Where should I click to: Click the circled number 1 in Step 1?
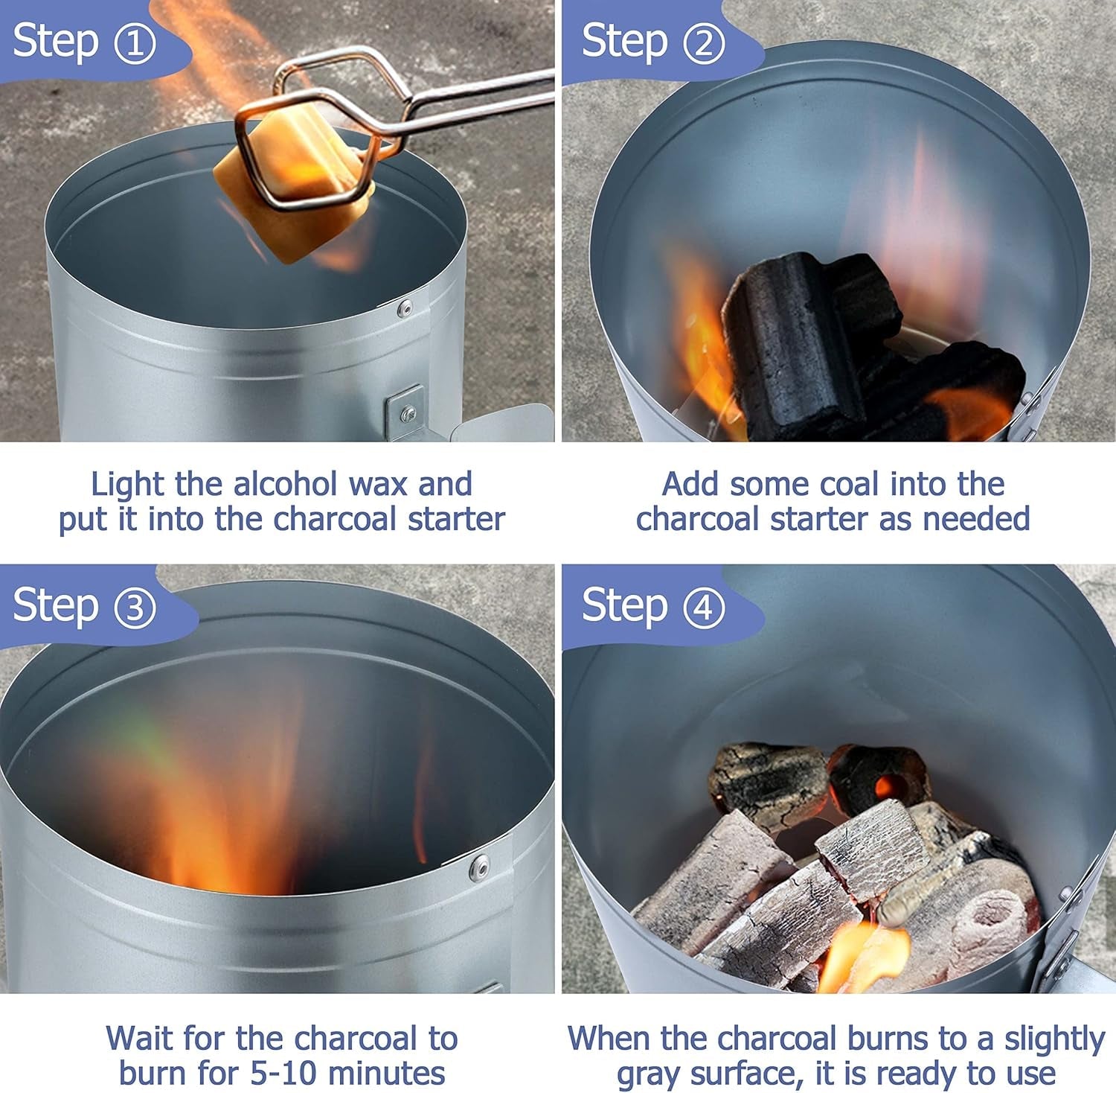pyautogui.click(x=135, y=42)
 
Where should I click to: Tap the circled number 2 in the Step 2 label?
pyautogui.click(x=703, y=42)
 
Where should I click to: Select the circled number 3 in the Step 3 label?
pyautogui.click(x=135, y=607)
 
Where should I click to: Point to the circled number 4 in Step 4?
pyautogui.click(x=703, y=607)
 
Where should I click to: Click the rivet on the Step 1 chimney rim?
pyautogui.click(x=405, y=307)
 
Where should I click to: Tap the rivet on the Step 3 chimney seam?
pyautogui.click(x=480, y=865)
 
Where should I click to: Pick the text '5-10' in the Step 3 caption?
pyautogui.click(x=279, y=1074)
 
